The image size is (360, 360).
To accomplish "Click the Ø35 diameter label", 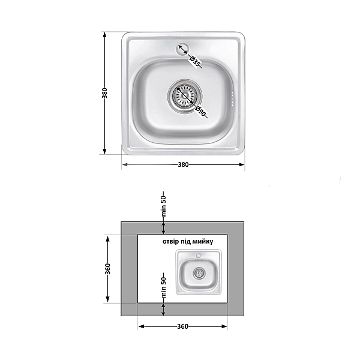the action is (x=194, y=62).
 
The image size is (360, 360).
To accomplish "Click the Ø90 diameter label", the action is (x=200, y=112).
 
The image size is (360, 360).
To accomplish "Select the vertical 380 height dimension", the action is (x=104, y=93).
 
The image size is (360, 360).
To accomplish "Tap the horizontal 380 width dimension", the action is (x=183, y=164).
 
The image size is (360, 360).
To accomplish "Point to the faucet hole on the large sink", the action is (x=182, y=49).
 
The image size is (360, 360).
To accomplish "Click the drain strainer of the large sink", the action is (x=185, y=96).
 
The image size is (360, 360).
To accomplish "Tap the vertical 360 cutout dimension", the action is (x=107, y=269).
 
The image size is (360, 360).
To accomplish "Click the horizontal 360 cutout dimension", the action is (x=183, y=326).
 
